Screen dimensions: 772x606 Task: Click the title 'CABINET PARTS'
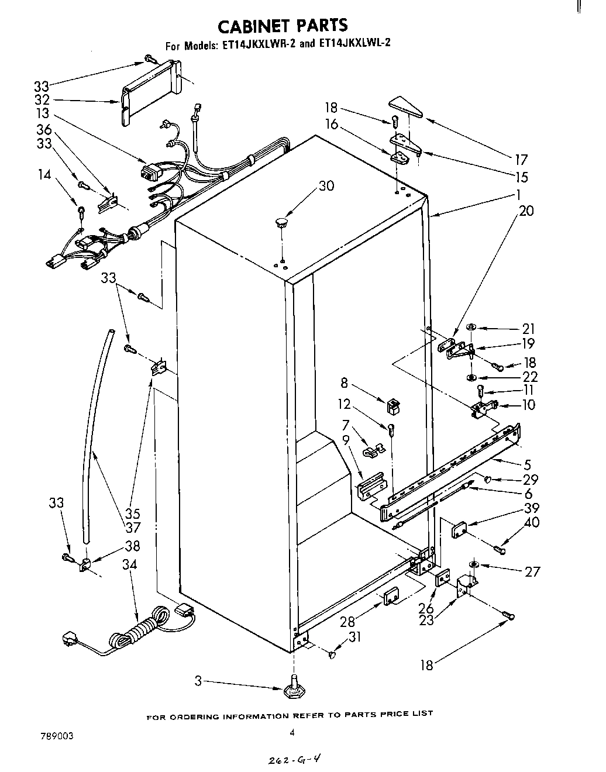pyautogui.click(x=283, y=25)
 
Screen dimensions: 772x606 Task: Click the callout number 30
pyautogui.click(x=326, y=185)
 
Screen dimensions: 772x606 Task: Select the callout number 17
pyautogui.click(x=521, y=159)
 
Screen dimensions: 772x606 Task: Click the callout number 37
pyautogui.click(x=133, y=528)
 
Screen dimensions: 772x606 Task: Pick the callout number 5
pyautogui.click(x=527, y=465)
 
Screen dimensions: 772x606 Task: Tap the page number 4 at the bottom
pyautogui.click(x=291, y=732)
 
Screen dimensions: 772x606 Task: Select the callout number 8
pyautogui.click(x=344, y=384)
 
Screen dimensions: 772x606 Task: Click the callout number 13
pyautogui.click(x=42, y=113)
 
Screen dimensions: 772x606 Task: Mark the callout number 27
pyautogui.click(x=532, y=571)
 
